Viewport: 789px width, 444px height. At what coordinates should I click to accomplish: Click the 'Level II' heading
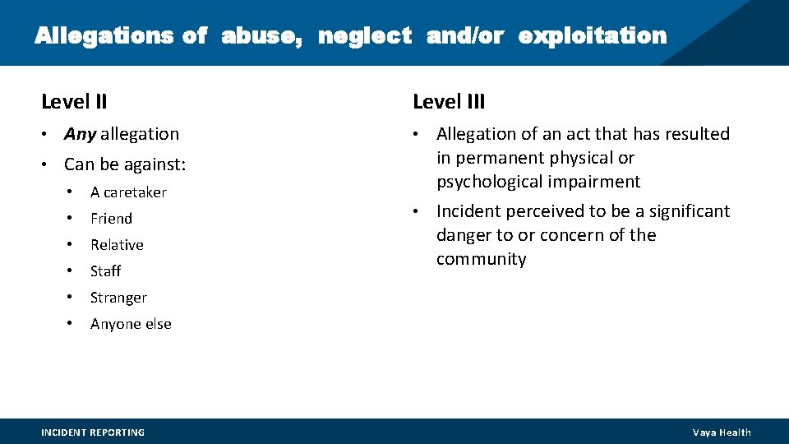pos(74,102)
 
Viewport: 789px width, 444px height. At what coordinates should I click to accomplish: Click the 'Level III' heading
pos(449,102)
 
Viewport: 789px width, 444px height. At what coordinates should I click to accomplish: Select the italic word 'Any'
pos(80,134)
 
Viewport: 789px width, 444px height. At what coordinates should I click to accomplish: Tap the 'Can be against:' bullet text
pos(125,164)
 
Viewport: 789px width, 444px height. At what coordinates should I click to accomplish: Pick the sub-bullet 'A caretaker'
pos(128,192)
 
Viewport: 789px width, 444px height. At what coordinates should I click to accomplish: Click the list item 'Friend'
pos(111,219)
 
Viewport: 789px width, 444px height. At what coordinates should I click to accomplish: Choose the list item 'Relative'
pos(117,245)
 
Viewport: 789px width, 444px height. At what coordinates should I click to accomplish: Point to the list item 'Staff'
pos(105,271)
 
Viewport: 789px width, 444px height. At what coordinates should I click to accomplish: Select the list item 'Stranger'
pos(118,298)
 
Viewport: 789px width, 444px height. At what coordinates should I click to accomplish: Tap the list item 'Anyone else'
pos(131,324)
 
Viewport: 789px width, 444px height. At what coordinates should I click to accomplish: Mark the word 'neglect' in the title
pos(365,36)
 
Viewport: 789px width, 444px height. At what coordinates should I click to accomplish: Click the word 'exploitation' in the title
pos(593,36)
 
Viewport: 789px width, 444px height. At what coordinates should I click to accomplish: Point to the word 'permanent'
pos(496,158)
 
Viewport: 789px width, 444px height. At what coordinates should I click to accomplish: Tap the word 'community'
pos(481,259)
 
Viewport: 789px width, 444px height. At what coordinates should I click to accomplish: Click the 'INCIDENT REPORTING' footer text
pos(93,432)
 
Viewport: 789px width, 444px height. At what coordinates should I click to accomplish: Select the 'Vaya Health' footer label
pos(722,432)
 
